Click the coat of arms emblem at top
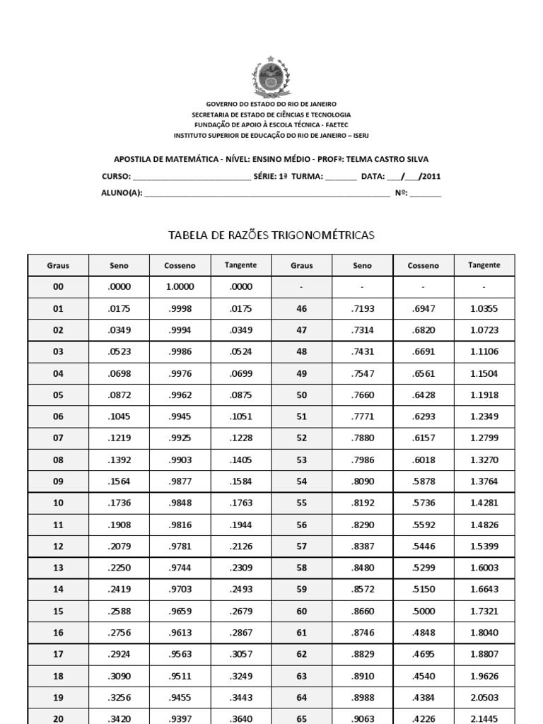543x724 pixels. pyautogui.click(x=271, y=78)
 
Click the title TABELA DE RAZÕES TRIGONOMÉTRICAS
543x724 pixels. pyautogui.click(x=271, y=235)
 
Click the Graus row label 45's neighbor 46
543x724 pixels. pyautogui.click(x=302, y=308)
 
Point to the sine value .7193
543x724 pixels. pyautogui.click(x=362, y=308)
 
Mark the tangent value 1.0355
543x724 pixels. pyautogui.click(x=484, y=308)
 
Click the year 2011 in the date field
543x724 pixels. pyautogui.click(x=431, y=177)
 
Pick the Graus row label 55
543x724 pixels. pyautogui.click(x=302, y=503)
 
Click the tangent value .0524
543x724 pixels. pyautogui.click(x=240, y=351)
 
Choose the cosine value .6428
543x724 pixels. pyautogui.click(x=423, y=395)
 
